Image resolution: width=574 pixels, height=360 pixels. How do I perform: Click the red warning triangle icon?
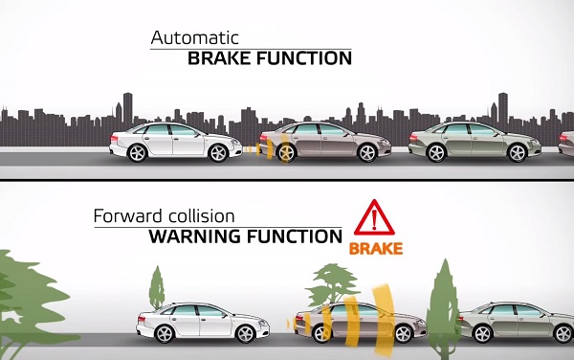375,217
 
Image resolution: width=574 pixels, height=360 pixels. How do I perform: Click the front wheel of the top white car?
219,150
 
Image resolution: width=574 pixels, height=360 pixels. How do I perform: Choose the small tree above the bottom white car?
157,286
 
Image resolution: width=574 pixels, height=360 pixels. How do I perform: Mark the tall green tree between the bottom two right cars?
442,292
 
